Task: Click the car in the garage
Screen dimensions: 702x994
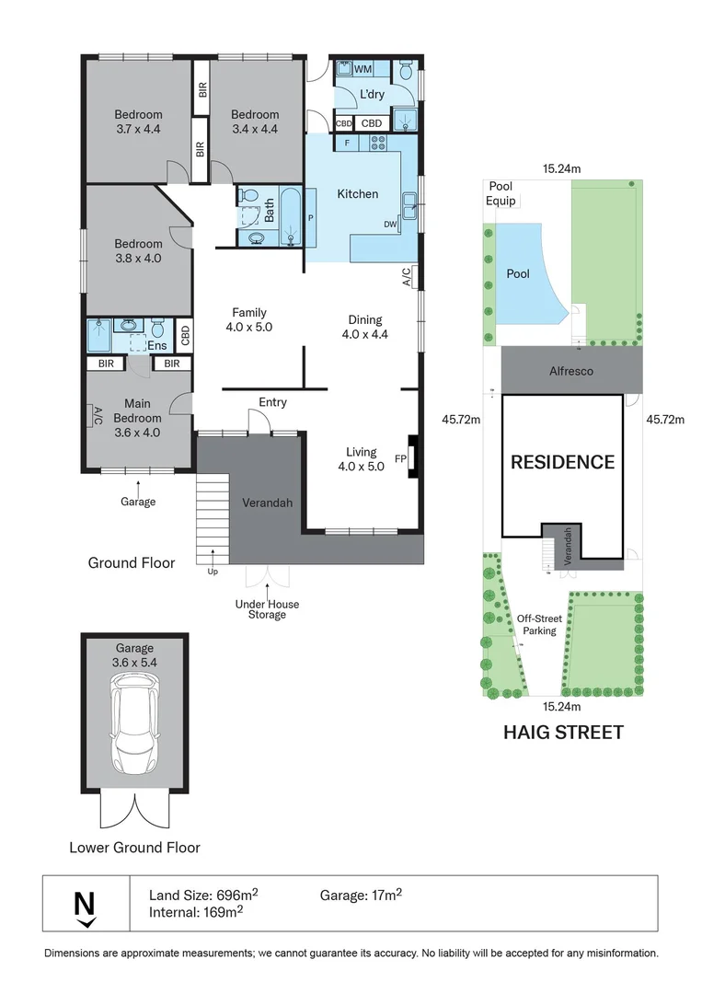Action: coord(134,723)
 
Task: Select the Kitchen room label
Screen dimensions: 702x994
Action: coord(357,194)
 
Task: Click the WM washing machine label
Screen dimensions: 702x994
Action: coord(363,68)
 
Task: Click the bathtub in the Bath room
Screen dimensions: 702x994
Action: coord(292,216)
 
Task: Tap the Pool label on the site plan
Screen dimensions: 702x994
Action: coord(518,274)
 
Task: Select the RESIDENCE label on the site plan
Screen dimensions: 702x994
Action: coord(563,462)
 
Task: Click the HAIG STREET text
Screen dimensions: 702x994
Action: coord(563,733)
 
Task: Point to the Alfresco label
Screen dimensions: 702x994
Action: coord(570,372)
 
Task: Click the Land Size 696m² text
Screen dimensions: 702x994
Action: coord(203,895)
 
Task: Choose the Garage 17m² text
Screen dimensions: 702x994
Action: coord(361,895)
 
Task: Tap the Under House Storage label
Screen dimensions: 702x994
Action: coord(267,609)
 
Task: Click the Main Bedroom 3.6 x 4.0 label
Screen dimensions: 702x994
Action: coord(137,418)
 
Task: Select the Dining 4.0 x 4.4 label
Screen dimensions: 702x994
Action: coord(365,327)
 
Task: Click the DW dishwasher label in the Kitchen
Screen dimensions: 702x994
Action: coord(390,225)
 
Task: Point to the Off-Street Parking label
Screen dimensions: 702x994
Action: coord(539,624)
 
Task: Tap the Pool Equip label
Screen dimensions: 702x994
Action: coord(501,193)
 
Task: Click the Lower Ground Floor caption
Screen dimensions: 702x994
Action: coord(134,848)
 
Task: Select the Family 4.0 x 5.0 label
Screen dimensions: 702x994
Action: coord(249,319)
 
